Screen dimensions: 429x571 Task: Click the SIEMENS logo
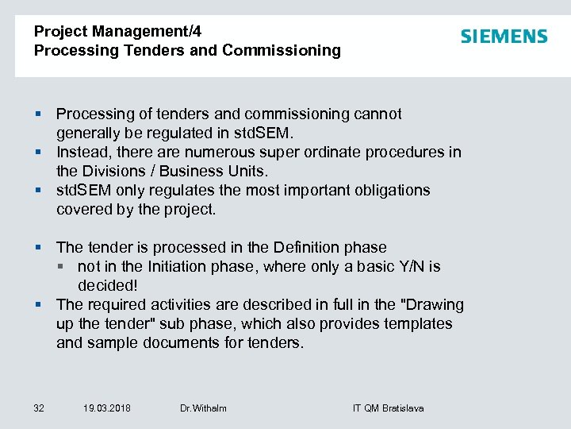[504, 37]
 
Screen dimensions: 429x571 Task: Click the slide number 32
[39, 408]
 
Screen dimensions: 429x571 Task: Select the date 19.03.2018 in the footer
[107, 408]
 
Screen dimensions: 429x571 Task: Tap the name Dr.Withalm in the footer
[203, 408]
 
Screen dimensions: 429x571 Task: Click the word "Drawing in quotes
[431, 304]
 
